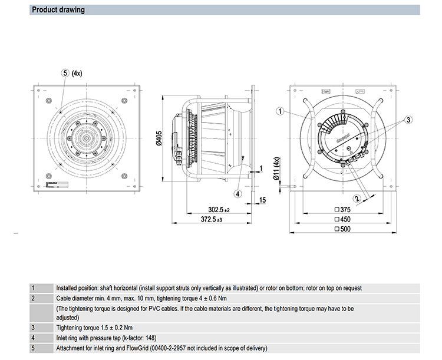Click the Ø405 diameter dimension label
coord(158,138)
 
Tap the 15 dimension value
coord(263,200)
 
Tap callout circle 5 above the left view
coord(64,73)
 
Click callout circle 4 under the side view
coord(238,193)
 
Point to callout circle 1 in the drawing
coord(281,111)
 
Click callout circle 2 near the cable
coord(358,199)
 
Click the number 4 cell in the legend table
coord(33,338)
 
